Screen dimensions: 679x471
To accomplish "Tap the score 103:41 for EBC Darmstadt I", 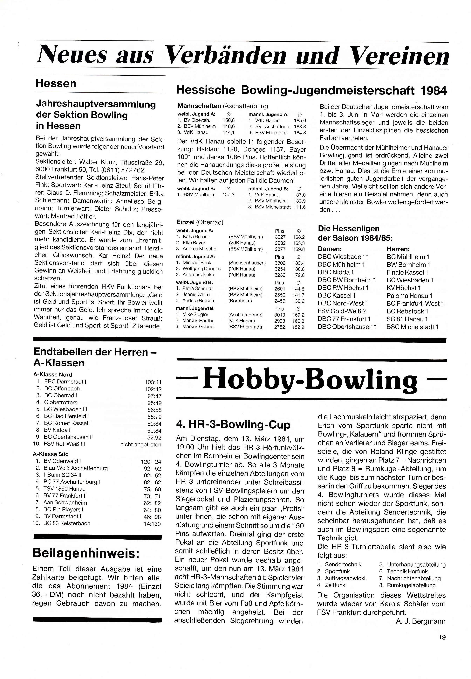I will pos(153,382).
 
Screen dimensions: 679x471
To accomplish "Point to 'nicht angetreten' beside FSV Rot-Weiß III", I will pos(141,444).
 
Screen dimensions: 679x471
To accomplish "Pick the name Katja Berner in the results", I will pos(196,237).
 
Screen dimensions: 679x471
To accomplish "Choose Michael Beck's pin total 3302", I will pos(280,262).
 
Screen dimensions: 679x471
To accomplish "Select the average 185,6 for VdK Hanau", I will pos(300,121).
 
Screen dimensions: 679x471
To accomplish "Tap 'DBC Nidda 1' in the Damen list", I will pos(336,272).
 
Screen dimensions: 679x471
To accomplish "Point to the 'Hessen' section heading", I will pos(56,84).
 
